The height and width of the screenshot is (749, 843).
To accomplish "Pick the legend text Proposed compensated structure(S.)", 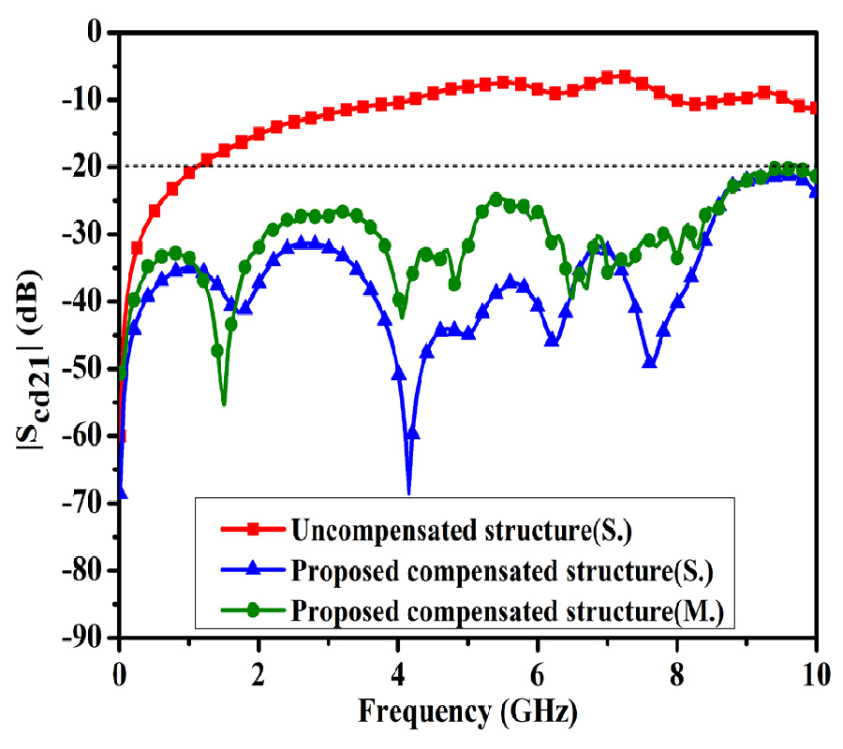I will pyautogui.click(x=509, y=571).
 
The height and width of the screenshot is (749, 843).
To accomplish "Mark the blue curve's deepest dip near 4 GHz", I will pyautogui.click(x=408, y=492).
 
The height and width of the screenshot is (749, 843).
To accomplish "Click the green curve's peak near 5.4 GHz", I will pyautogui.click(x=495, y=198).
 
